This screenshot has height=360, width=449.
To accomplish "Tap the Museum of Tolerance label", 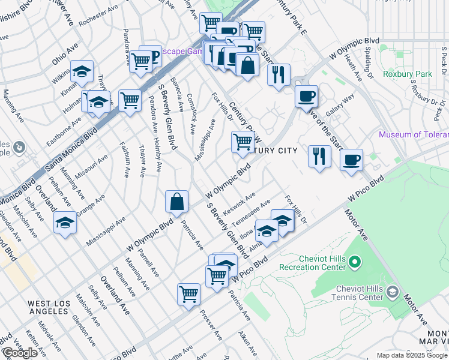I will [413, 134].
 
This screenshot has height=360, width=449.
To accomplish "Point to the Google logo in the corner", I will [20, 353].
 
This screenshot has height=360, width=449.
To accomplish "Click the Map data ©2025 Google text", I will [412, 355].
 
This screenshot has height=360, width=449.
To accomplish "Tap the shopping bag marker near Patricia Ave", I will [177, 202].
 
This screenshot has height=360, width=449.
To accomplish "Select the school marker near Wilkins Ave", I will [82, 72].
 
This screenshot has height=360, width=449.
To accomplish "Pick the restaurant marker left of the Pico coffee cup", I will [319, 156].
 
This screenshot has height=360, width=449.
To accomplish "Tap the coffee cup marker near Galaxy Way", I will [306, 96].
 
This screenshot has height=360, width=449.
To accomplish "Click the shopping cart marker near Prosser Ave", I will [188, 294].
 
